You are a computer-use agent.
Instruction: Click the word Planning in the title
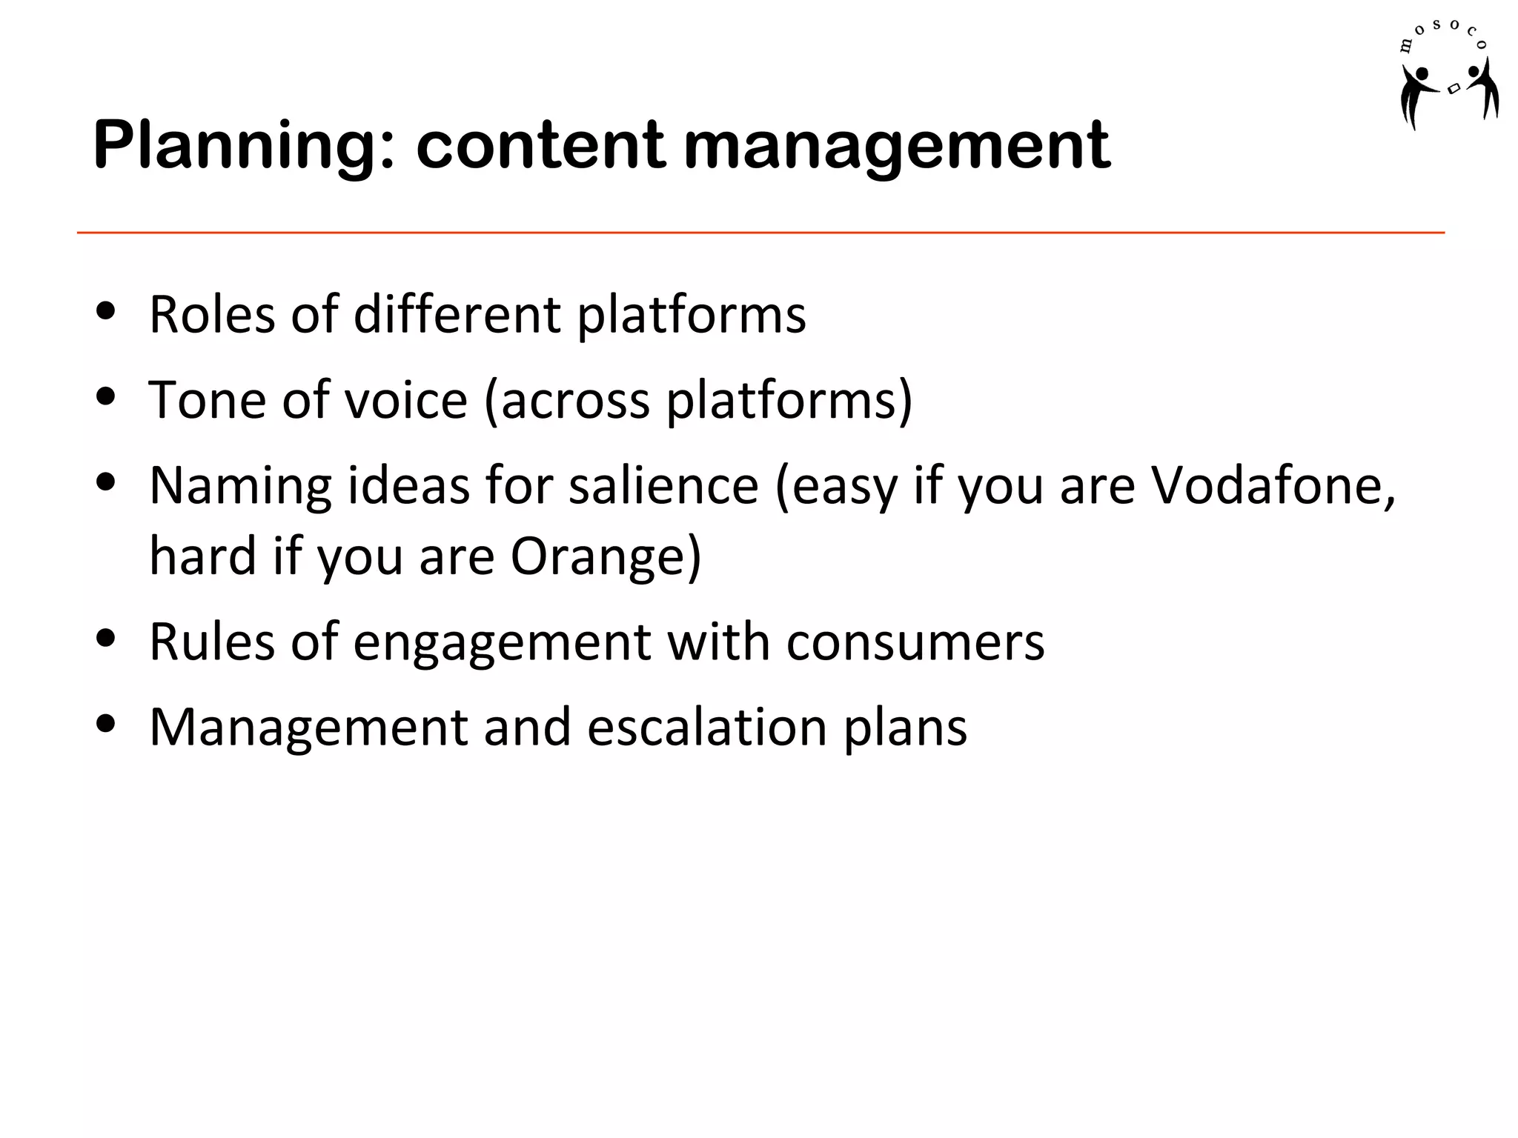[245, 146]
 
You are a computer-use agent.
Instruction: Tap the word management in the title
[896, 146]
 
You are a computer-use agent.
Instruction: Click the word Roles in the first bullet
[212, 314]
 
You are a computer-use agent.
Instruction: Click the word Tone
[207, 400]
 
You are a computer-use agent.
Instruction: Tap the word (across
[567, 400]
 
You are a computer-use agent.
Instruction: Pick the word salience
[663, 485]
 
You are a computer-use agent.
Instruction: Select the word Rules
[212, 641]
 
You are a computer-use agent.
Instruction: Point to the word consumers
[915, 641]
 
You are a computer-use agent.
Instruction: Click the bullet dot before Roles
[106, 310]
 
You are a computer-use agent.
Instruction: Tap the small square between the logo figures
[1454, 88]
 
